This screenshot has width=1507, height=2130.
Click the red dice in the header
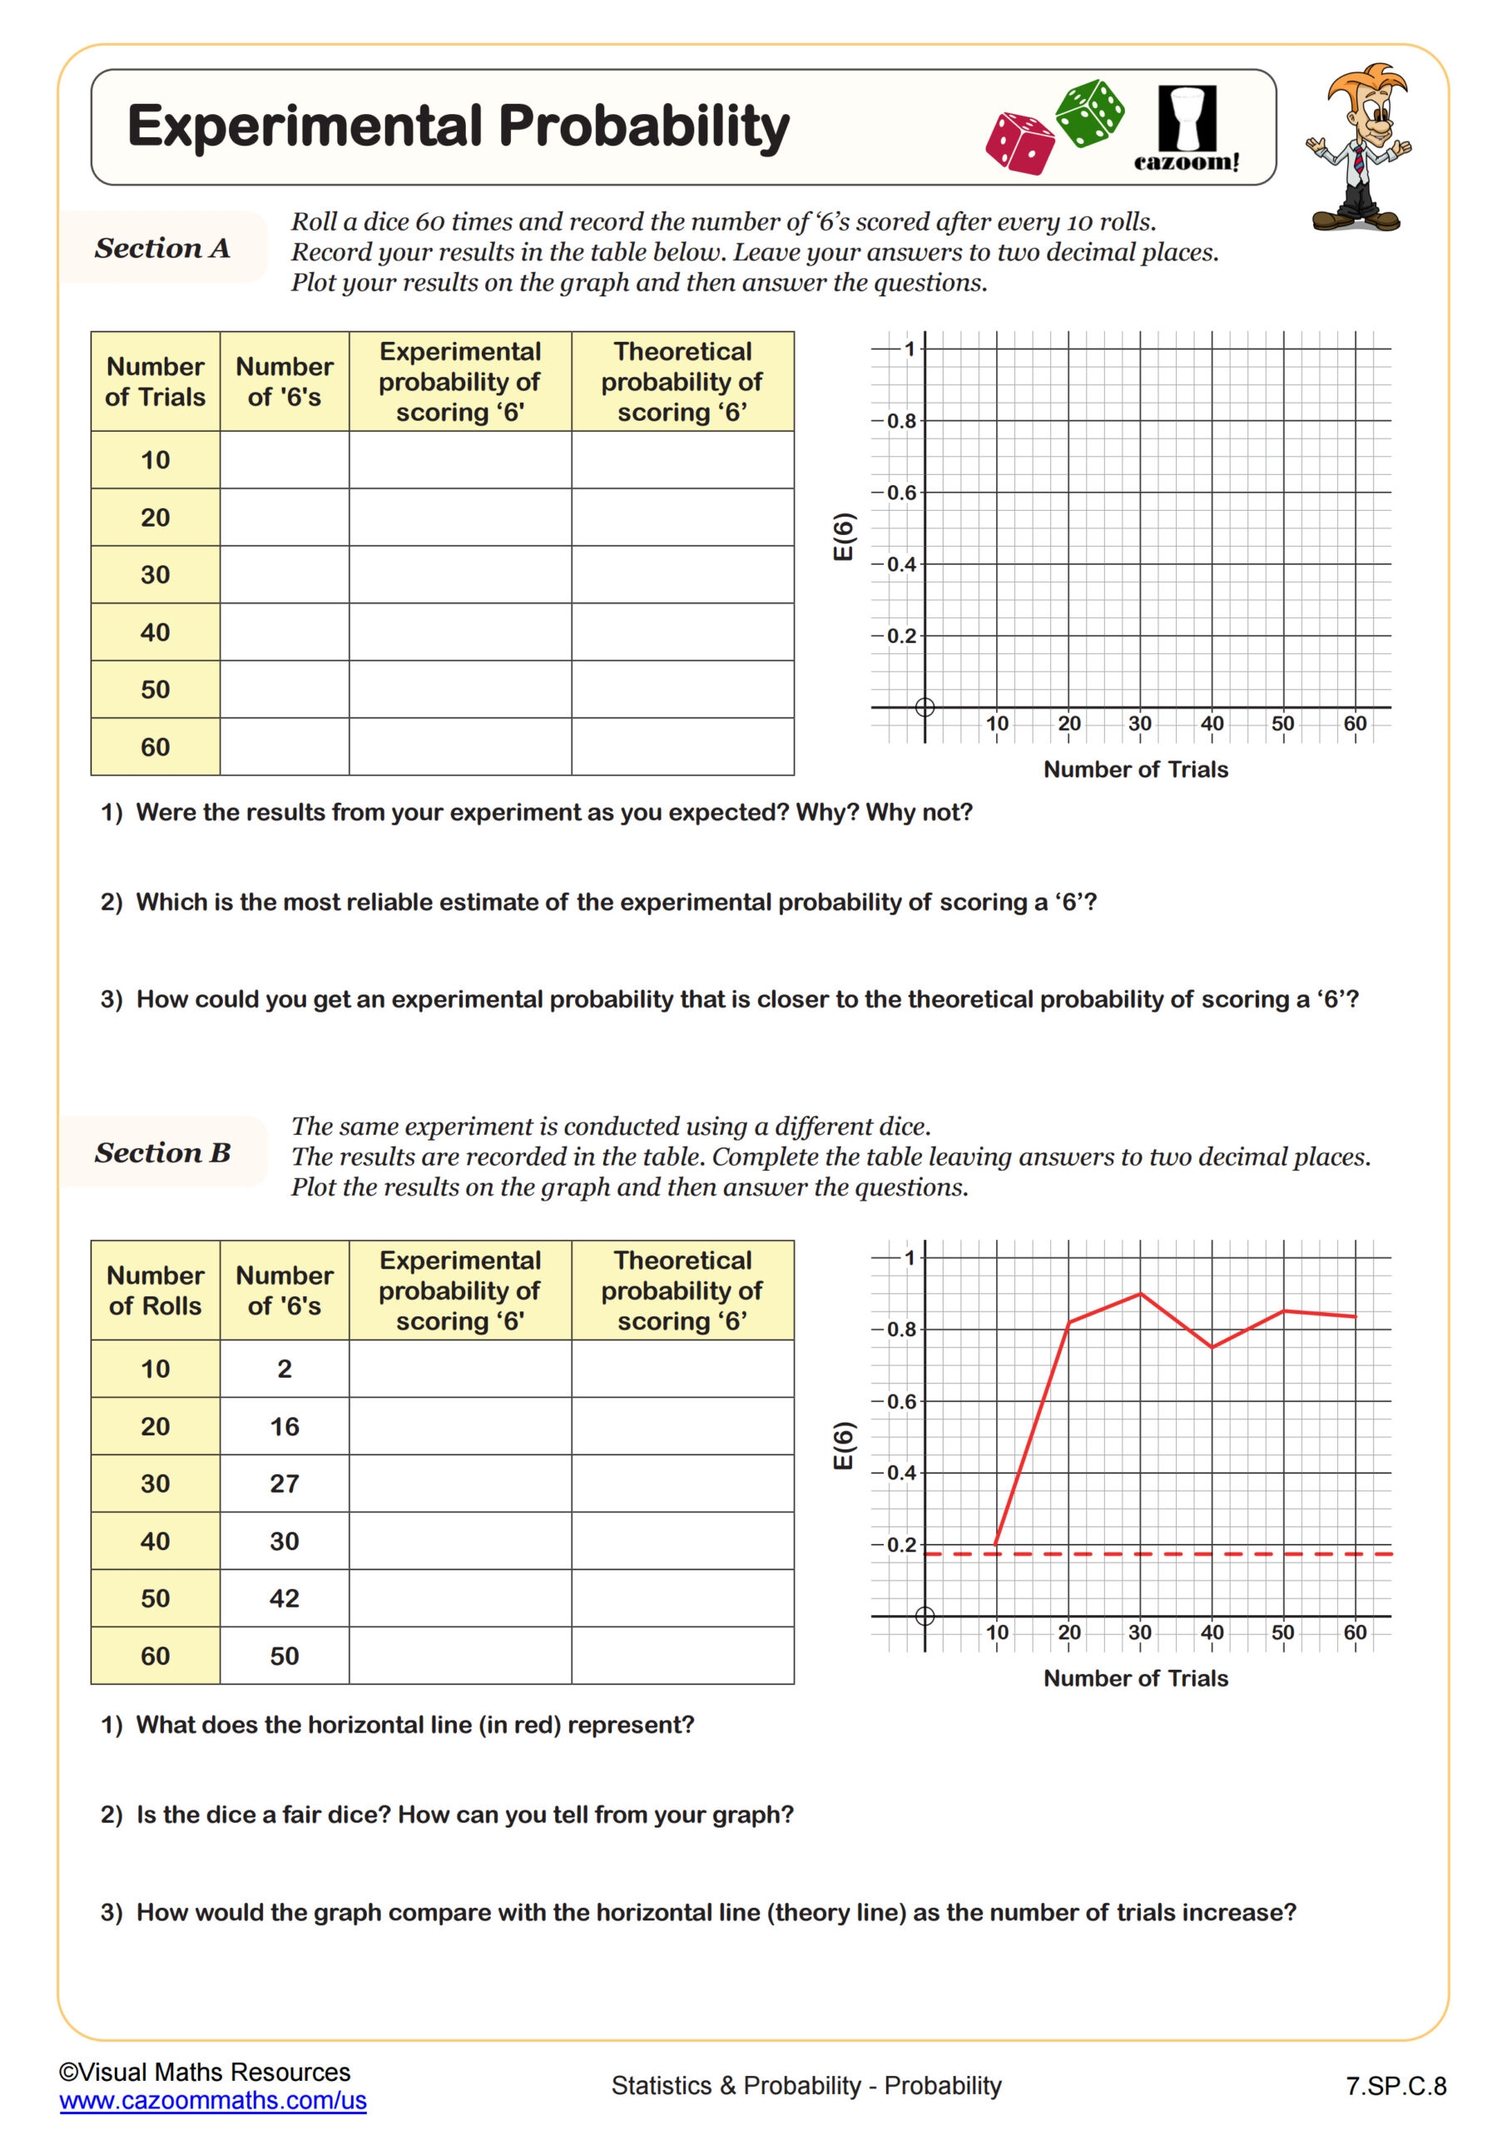click(1020, 143)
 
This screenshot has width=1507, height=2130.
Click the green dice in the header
click(1090, 113)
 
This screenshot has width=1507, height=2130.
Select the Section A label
click(162, 248)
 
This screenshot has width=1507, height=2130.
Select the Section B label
click(162, 1152)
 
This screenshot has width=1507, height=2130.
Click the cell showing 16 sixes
click(284, 1426)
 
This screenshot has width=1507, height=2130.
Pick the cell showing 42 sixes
click(284, 1597)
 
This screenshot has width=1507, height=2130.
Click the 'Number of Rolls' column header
click(155, 1290)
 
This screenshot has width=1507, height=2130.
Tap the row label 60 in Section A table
click(155, 747)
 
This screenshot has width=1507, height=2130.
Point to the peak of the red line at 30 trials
click(1141, 1294)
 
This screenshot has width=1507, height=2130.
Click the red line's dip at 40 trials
click(1212, 1346)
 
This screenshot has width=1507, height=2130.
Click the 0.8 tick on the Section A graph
click(900, 421)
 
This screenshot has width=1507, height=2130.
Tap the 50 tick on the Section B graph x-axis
click(1283, 1632)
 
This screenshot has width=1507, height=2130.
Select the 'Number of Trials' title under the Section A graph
click(1135, 769)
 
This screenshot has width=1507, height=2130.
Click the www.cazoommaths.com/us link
click(212, 2100)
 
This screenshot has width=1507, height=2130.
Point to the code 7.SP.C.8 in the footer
click(1395, 2087)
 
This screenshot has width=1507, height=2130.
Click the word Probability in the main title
click(644, 127)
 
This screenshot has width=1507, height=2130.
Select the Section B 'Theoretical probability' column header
click(682, 1290)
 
